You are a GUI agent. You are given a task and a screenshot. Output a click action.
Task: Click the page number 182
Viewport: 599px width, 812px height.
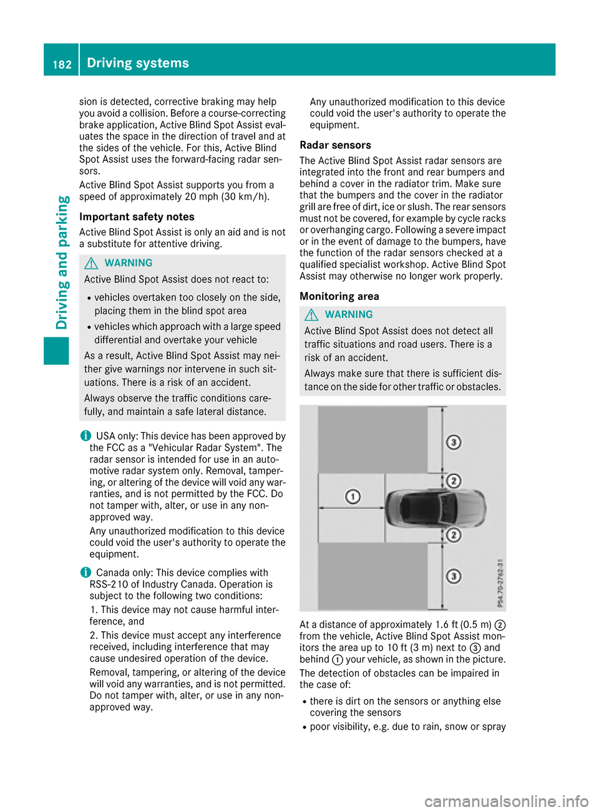tap(62, 64)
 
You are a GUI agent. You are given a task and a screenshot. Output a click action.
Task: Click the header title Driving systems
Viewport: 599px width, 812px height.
tap(138, 63)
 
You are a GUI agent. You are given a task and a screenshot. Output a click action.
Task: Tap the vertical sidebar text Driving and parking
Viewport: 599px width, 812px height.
tap(62, 263)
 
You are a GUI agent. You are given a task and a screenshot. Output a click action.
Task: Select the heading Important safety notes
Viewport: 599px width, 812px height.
tap(137, 217)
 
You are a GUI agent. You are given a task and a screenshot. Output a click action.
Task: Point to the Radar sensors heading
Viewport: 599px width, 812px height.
tap(335, 145)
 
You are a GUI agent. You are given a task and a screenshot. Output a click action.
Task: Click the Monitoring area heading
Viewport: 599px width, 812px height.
tap(339, 297)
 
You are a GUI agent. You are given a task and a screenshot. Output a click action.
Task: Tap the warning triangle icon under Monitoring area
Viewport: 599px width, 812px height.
tap(311, 315)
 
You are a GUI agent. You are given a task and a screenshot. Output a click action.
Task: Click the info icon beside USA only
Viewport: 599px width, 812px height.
tap(85, 436)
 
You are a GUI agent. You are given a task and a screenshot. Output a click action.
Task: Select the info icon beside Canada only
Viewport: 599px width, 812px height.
tap(85, 573)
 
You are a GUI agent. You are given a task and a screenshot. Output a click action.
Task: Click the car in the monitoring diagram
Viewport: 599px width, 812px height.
tap(435, 507)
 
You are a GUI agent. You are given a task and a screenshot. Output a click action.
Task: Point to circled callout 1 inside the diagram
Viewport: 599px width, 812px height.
tap(353, 496)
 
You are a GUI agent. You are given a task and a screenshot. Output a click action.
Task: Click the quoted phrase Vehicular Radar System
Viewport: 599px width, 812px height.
tap(202, 448)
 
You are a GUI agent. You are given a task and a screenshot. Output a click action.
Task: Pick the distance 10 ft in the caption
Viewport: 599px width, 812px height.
tap(397, 648)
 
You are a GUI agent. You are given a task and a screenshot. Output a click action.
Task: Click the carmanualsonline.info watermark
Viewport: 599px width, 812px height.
tap(506, 801)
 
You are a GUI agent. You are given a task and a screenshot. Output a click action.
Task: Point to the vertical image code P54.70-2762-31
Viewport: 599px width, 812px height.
tap(500, 583)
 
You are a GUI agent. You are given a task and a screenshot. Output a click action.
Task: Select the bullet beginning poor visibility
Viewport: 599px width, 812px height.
tap(407, 727)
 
